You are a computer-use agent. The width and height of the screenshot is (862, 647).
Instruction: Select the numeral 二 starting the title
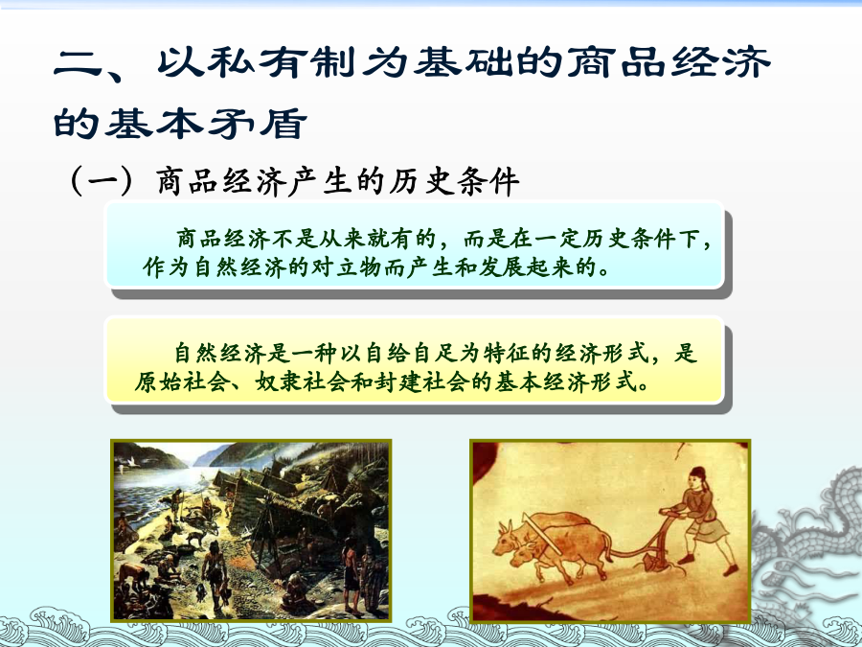77,63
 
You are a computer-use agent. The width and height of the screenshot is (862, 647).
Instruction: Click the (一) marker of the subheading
102,181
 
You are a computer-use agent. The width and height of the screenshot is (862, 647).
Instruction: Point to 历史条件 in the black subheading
454,181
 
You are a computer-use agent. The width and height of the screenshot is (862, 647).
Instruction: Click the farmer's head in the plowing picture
697,477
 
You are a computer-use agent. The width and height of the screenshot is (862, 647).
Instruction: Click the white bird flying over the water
130,462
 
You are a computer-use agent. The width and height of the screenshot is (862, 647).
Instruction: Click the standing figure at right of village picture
351,572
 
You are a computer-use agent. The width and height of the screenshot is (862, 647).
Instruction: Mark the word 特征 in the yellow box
507,353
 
